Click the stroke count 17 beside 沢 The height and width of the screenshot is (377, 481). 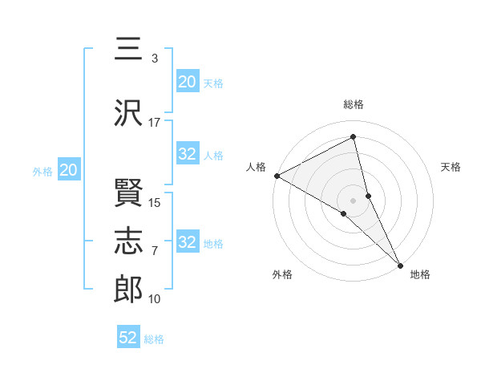(x=155, y=122)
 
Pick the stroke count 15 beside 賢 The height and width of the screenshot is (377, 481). (x=156, y=202)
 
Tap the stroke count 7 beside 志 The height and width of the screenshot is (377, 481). (x=155, y=251)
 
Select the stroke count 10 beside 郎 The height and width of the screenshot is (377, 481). (x=155, y=299)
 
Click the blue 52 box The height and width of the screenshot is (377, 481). (x=128, y=338)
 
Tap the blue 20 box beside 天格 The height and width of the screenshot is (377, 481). (x=188, y=82)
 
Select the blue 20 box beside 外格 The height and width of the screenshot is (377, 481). (x=69, y=170)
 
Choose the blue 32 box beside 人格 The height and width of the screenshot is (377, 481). (x=188, y=155)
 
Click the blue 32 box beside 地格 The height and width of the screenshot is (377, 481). (x=188, y=243)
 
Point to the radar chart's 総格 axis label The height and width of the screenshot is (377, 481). (x=354, y=104)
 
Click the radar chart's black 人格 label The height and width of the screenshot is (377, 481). (x=256, y=167)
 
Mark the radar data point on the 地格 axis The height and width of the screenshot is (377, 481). (x=400, y=265)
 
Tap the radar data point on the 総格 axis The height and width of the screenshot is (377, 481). (x=354, y=137)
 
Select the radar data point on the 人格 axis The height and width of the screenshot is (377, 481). (x=277, y=176)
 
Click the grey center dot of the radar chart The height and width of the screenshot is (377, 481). (x=353, y=200)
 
